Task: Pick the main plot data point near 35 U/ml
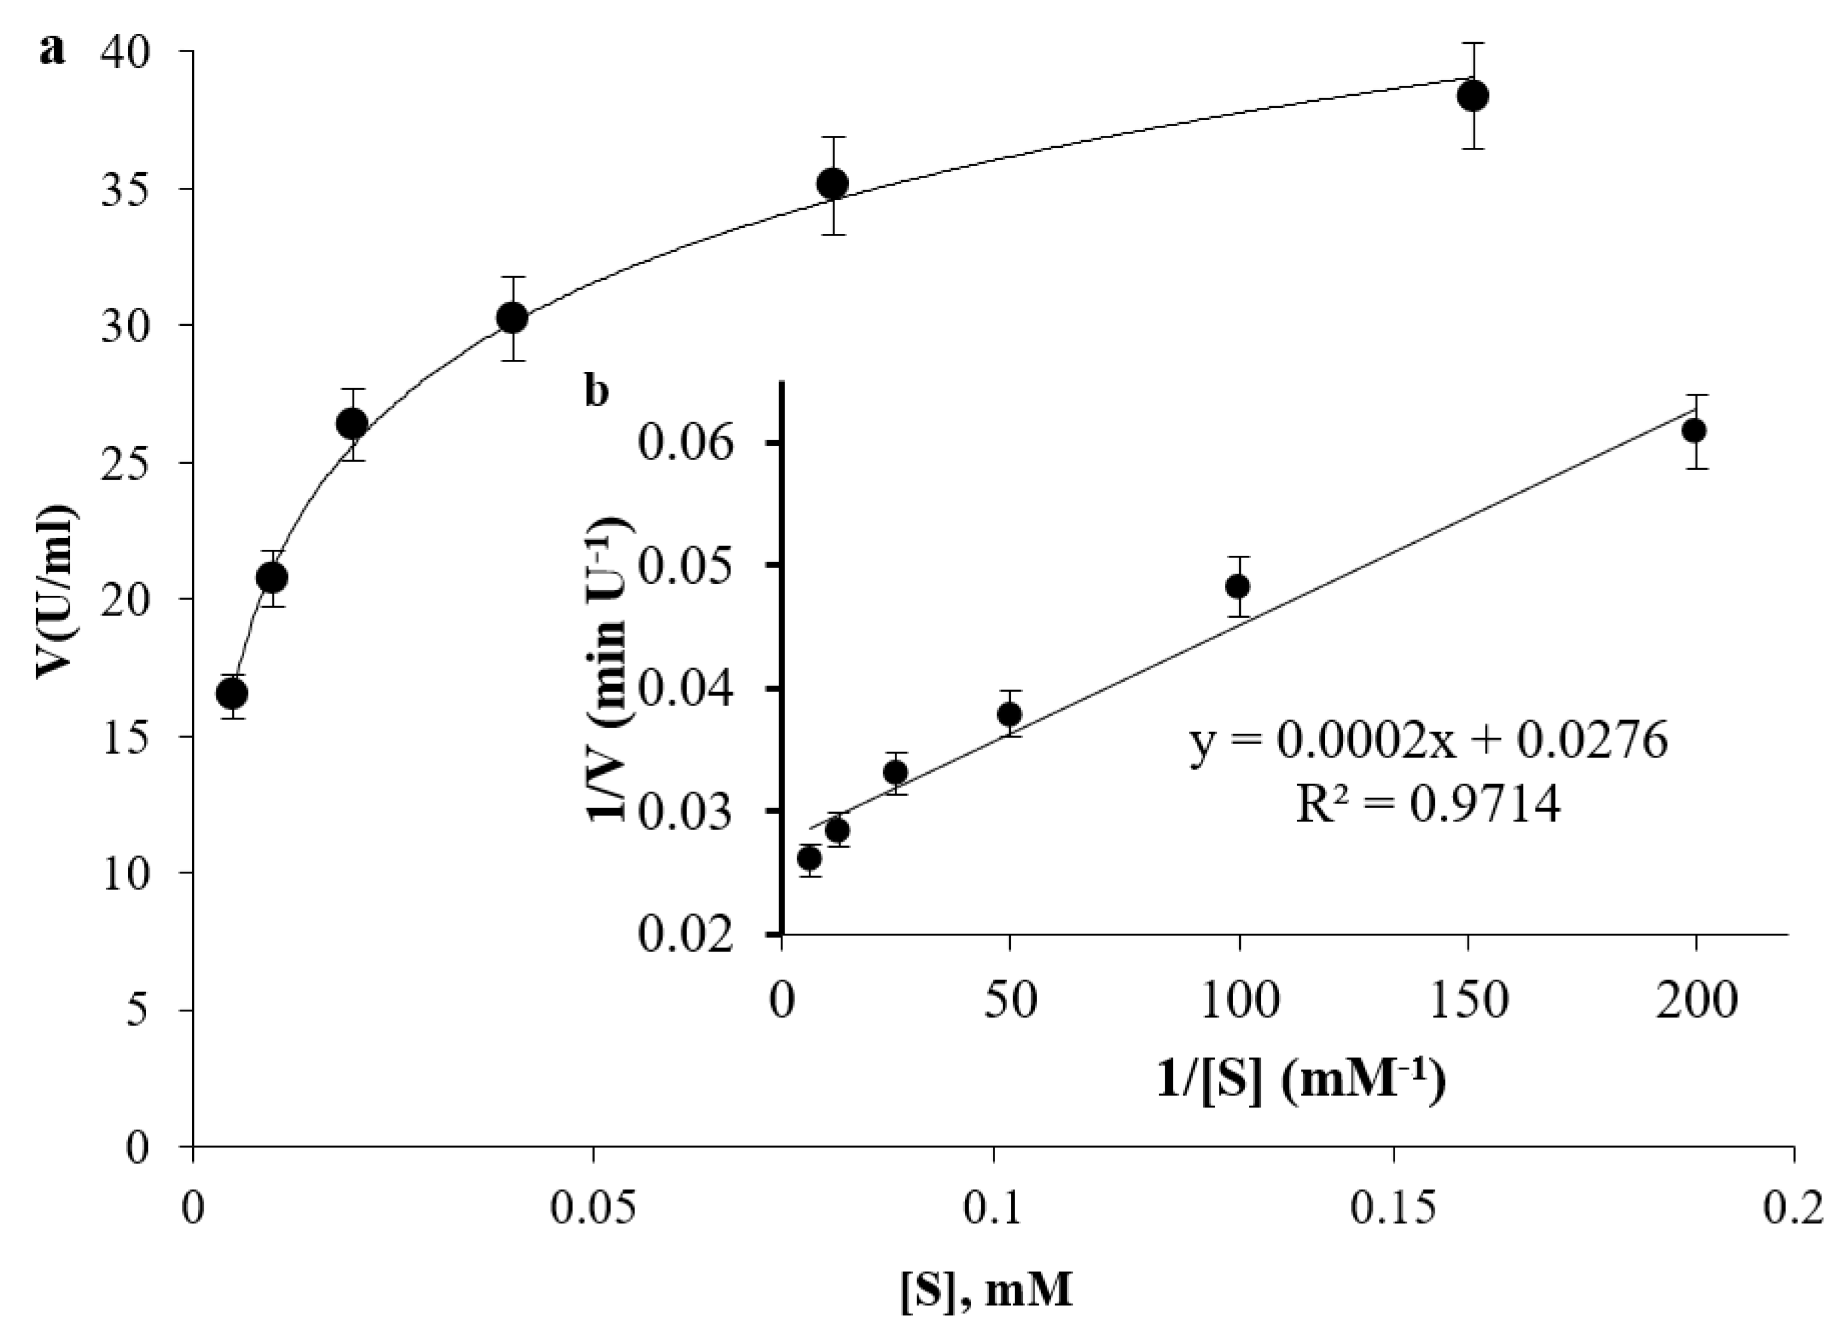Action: click(832, 184)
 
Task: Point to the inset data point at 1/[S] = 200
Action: click(1695, 431)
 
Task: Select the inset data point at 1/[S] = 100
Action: click(1238, 586)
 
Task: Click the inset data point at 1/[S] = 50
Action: click(1010, 715)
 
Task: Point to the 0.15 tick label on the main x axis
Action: click(1394, 1210)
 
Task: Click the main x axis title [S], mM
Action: click(986, 1293)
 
